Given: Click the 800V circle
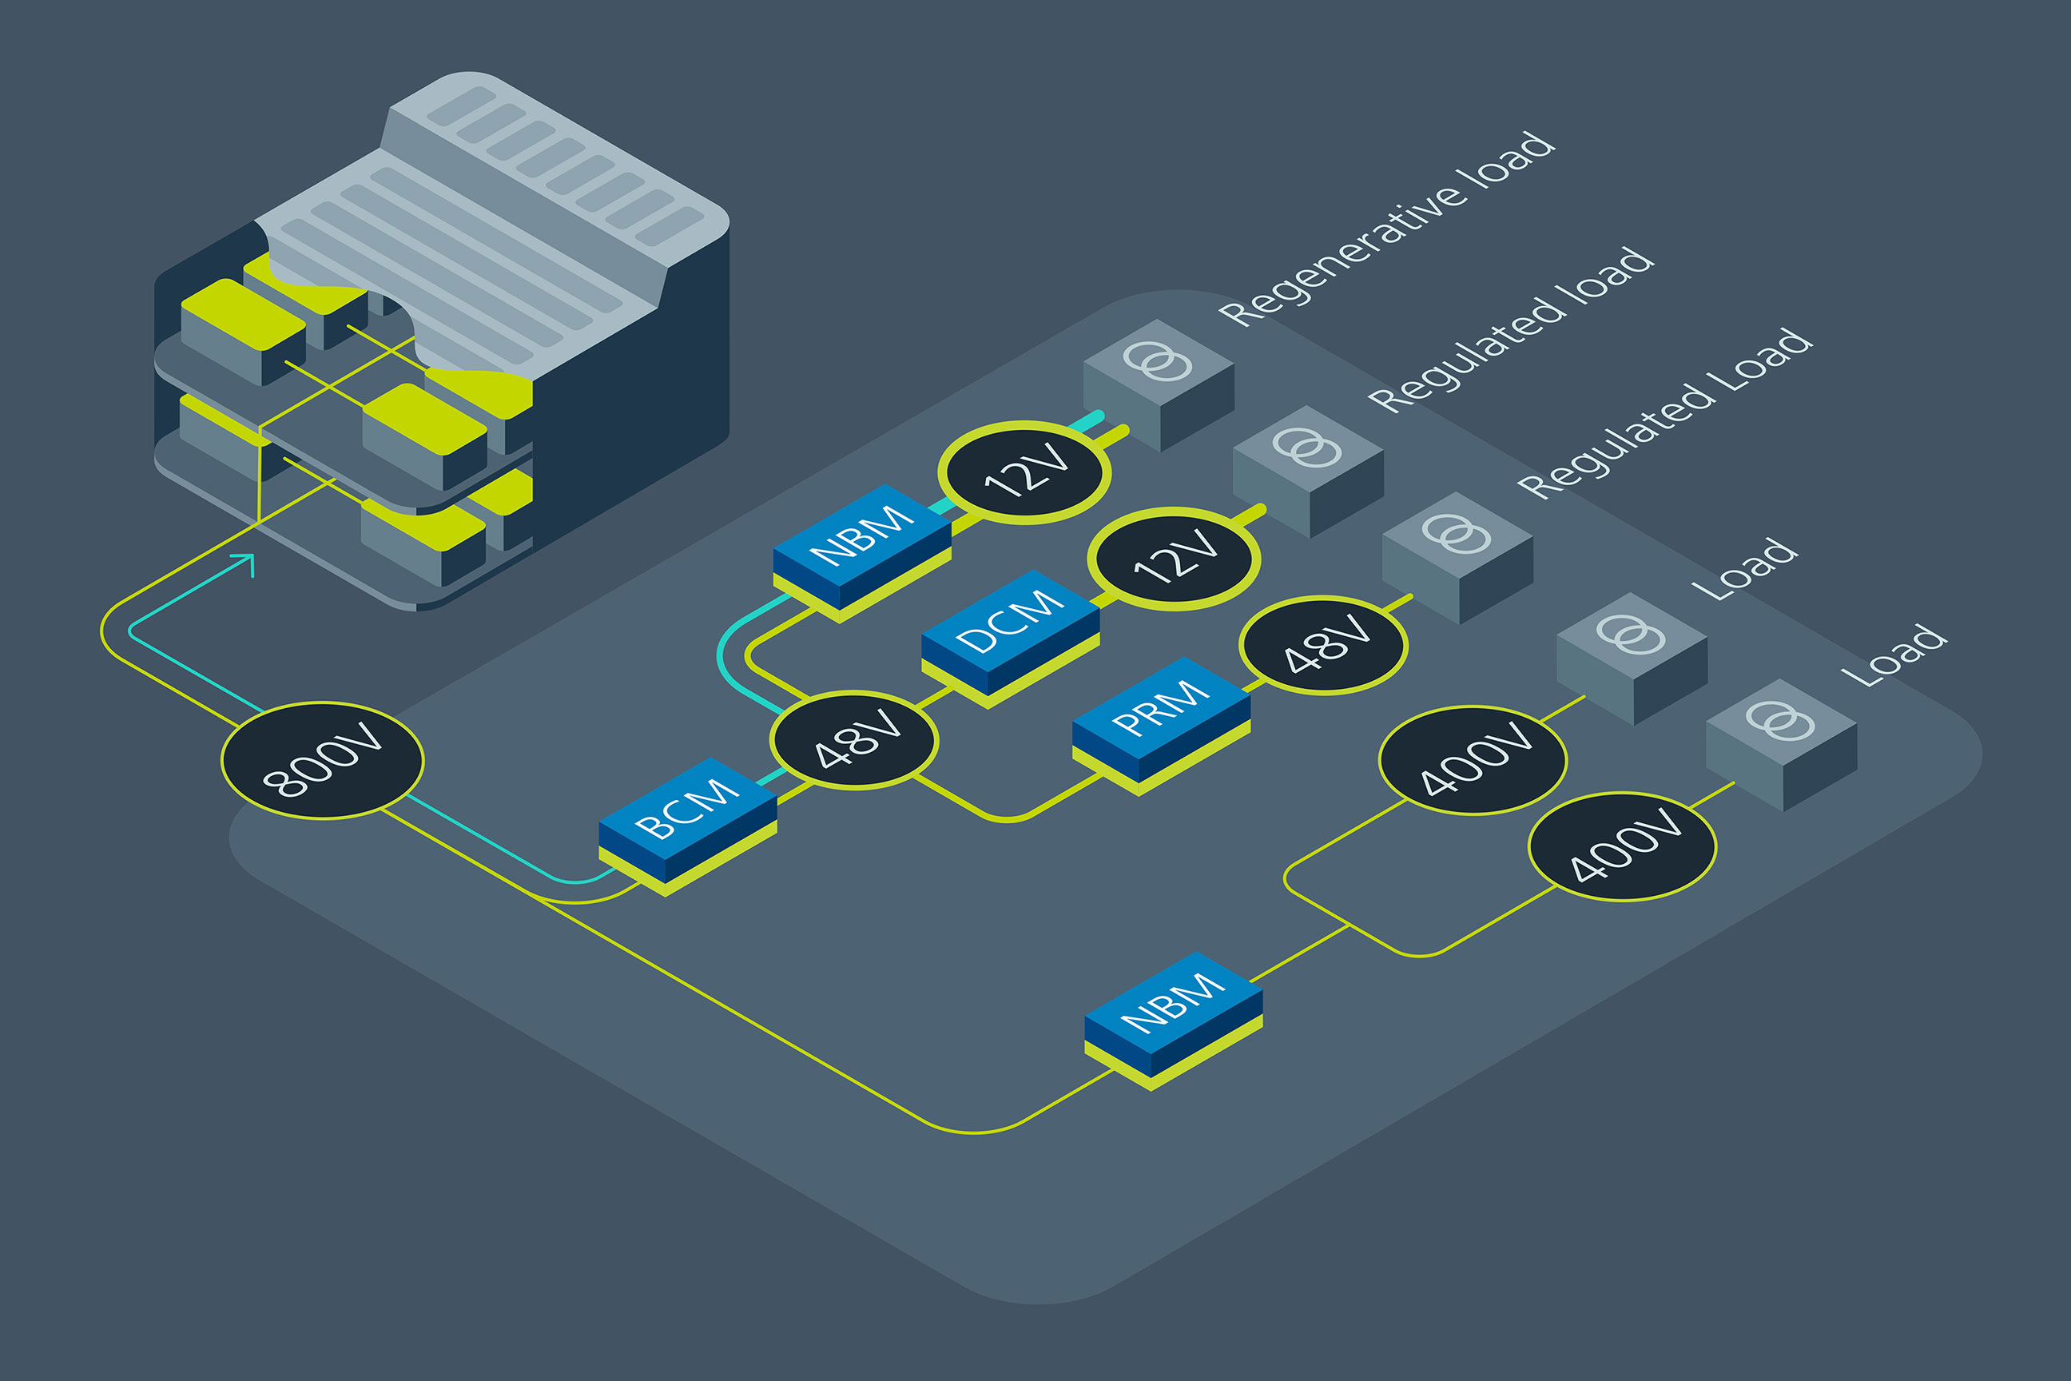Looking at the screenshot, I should pyautogui.click(x=322, y=761).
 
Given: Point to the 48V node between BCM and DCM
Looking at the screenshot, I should pyautogui.click(x=854, y=740).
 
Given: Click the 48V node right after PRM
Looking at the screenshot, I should pyautogui.click(x=1323, y=646).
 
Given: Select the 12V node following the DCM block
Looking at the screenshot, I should pyautogui.click(x=1174, y=559).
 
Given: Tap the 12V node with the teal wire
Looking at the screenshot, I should pyautogui.click(x=1024, y=473).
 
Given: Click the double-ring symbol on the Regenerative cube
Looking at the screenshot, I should pyautogui.click(x=1158, y=361).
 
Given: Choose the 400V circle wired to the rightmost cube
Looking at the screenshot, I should pyautogui.click(x=1622, y=846).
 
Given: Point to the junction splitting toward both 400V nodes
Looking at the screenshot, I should pyautogui.click(x=1349, y=925).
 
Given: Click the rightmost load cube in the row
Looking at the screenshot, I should pyautogui.click(x=1781, y=744).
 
